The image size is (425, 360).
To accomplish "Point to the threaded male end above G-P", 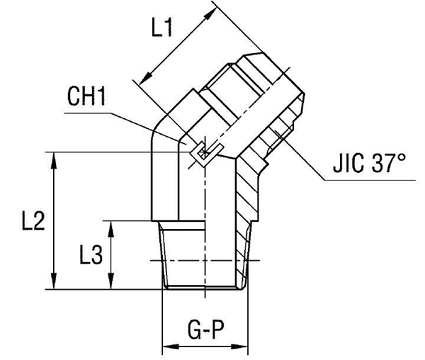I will click(205, 255).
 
